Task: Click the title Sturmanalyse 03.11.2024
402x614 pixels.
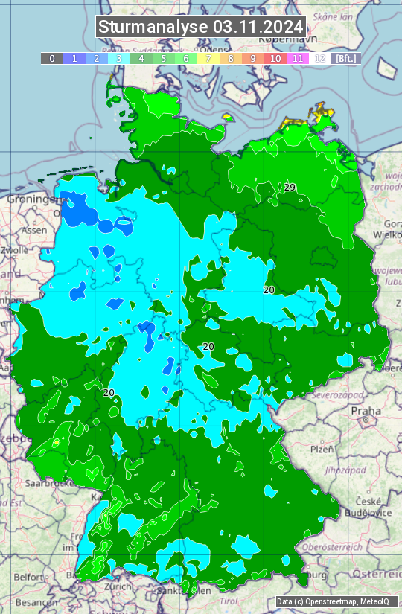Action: pos(201,27)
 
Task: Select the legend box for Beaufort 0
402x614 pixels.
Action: pos(51,58)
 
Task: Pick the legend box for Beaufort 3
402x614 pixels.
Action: pos(119,58)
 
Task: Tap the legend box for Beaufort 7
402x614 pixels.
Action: pos(208,58)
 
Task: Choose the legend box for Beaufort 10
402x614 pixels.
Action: pos(275,58)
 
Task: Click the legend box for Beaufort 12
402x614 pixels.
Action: pos(320,58)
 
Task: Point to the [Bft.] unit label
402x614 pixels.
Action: pos(345,58)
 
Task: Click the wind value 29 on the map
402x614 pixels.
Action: pos(290,187)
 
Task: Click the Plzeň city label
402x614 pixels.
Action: pos(321,450)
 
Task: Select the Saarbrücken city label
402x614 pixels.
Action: pos(57,482)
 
